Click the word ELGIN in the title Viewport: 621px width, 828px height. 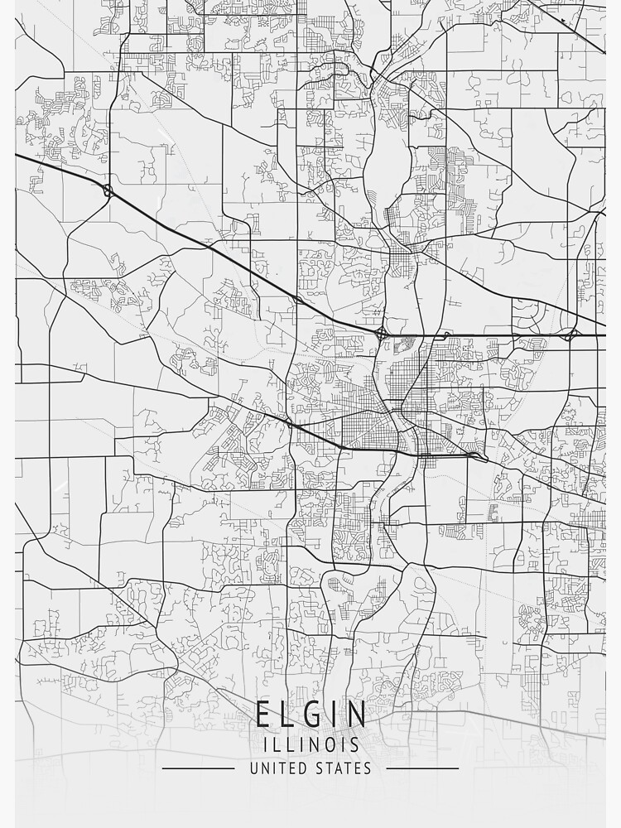tap(310, 714)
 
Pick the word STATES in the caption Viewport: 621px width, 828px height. tap(343, 768)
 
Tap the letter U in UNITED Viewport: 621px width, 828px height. tap(253, 768)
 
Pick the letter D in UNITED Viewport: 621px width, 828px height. tap(302, 768)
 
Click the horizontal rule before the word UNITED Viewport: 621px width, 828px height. tap(199, 768)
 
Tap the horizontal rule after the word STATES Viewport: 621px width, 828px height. tap(422, 768)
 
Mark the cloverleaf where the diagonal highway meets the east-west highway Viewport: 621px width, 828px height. tap(381, 335)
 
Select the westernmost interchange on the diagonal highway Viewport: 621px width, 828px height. tap(108, 191)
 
